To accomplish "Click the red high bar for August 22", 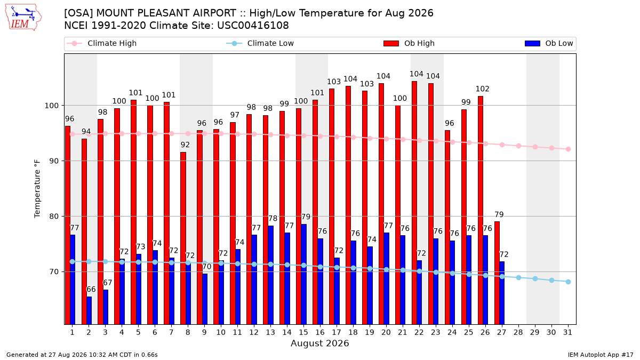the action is click(414, 203).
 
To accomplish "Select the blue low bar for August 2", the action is click(89, 310).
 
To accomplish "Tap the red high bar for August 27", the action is click(497, 273).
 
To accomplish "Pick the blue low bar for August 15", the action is click(303, 274).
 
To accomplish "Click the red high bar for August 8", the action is click(183, 238).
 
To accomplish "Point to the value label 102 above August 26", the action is click(482, 89).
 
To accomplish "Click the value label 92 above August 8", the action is click(185, 145).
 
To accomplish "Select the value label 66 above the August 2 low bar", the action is click(91, 289).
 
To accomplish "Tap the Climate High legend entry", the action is click(102, 43).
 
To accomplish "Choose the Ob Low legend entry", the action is click(549, 43).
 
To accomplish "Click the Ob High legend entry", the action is click(409, 43).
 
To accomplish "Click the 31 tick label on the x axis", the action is click(567, 332).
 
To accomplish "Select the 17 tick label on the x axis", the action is click(337, 332).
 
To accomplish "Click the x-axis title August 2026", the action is click(319, 343).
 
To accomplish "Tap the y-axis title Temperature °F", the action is click(37, 189).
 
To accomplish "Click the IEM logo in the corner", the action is click(23, 18).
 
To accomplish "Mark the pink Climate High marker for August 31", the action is click(569, 149).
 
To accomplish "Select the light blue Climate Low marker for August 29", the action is click(535, 278).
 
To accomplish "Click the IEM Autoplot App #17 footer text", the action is click(601, 355).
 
